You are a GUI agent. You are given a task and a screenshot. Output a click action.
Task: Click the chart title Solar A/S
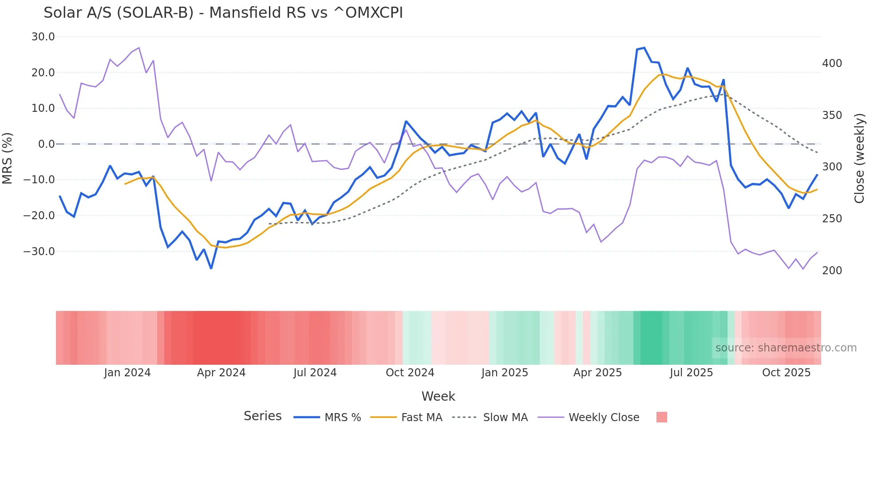click(223, 13)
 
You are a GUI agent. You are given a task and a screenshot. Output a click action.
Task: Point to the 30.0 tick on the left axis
click(43, 37)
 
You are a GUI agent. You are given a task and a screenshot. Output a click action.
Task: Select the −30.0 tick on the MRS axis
click(39, 252)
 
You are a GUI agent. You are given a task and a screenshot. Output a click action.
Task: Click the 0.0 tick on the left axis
click(47, 144)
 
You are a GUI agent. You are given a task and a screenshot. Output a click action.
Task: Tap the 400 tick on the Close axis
click(832, 63)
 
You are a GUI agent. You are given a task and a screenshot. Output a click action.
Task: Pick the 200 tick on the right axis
click(832, 271)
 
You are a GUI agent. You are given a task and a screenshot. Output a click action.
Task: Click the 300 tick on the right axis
click(832, 167)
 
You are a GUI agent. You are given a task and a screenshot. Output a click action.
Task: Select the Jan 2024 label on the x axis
click(127, 373)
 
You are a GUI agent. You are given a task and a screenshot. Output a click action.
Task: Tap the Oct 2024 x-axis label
click(410, 373)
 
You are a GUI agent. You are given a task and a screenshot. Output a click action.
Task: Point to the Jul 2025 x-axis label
click(691, 373)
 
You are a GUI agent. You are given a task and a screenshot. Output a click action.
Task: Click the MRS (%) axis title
click(8, 158)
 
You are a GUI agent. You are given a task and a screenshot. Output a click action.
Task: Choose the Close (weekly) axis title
click(860, 158)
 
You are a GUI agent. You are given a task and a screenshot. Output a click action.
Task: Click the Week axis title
click(438, 396)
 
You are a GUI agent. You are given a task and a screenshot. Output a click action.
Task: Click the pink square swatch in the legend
click(661, 417)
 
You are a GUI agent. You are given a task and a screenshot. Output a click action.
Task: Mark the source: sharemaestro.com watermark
click(786, 348)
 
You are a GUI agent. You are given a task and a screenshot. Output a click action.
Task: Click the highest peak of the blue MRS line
click(644, 47)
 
